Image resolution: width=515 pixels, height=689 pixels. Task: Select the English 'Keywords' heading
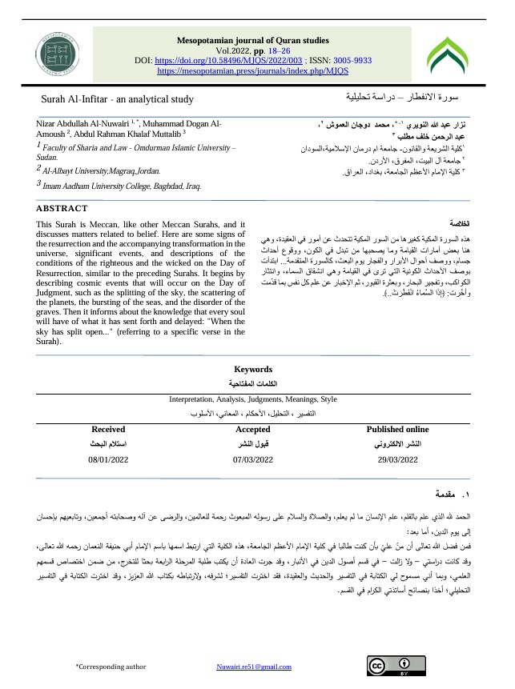[x=252, y=370]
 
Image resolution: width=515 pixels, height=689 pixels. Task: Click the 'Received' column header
[x=108, y=430]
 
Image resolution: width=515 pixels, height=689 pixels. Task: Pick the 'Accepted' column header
[x=252, y=430]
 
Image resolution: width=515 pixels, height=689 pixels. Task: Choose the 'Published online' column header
[x=397, y=430]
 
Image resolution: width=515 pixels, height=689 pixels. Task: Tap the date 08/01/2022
[x=108, y=460]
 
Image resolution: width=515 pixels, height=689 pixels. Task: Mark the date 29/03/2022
[x=397, y=460]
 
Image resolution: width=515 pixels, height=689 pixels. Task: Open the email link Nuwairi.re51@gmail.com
[x=254, y=667]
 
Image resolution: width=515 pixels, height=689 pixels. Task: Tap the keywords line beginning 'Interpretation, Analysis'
[x=252, y=399]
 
